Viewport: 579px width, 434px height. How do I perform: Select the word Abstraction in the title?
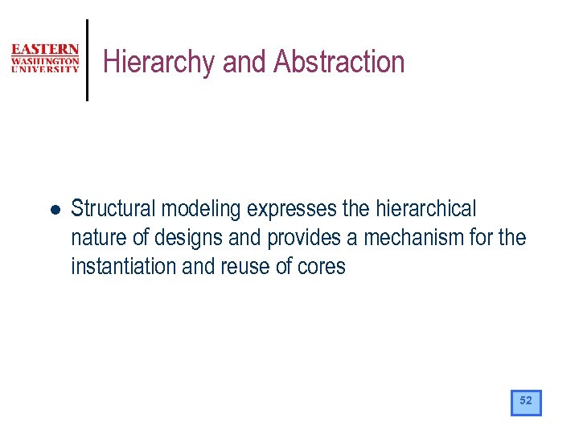click(x=339, y=62)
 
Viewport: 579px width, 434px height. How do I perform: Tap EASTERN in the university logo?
click(x=45, y=50)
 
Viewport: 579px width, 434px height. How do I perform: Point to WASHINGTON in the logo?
click(x=45, y=60)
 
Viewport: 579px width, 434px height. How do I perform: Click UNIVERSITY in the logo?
click(x=45, y=69)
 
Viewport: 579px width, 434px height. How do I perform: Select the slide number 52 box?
click(x=526, y=401)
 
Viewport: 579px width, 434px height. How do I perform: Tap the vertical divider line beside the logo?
click(x=87, y=60)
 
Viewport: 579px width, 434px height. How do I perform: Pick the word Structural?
click(x=113, y=209)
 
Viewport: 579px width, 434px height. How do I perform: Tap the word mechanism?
click(x=412, y=238)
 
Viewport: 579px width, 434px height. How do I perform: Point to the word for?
click(x=483, y=238)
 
